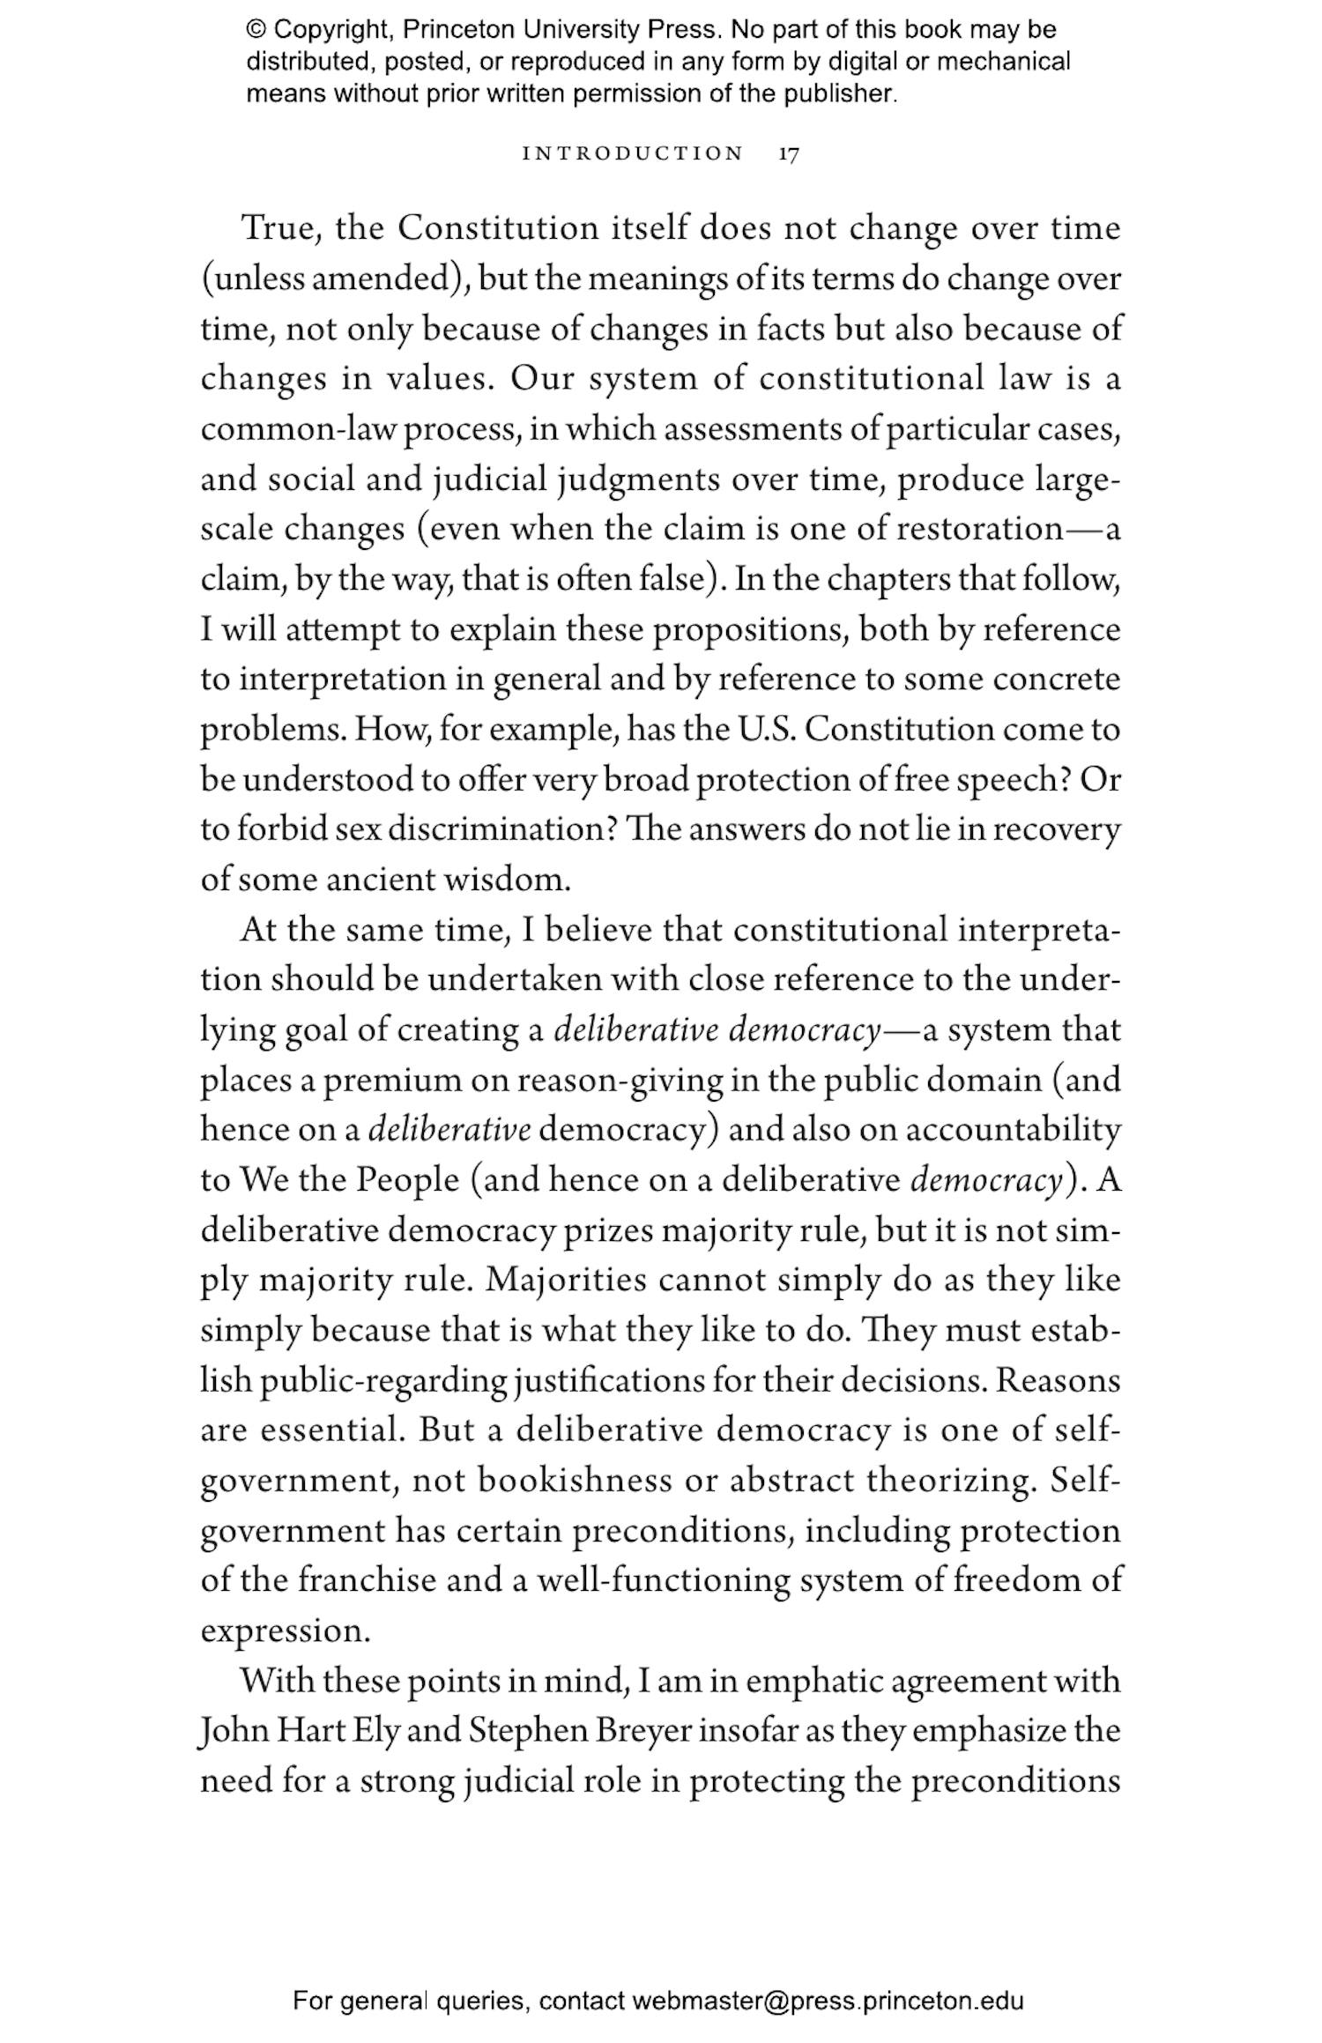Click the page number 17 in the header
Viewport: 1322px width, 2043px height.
789,154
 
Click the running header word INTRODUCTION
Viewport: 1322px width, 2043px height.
633,154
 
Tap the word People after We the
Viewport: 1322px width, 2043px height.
408,1181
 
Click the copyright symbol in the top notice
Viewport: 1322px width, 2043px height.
256,30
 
